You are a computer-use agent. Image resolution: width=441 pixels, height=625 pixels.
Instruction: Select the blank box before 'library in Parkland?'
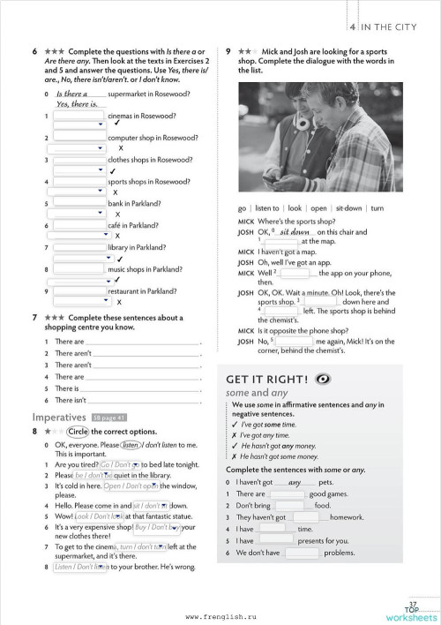tap(79, 247)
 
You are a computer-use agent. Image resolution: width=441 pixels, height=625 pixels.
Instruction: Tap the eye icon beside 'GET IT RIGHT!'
tap(320, 379)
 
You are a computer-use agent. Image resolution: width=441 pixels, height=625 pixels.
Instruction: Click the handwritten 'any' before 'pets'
tap(295, 482)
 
